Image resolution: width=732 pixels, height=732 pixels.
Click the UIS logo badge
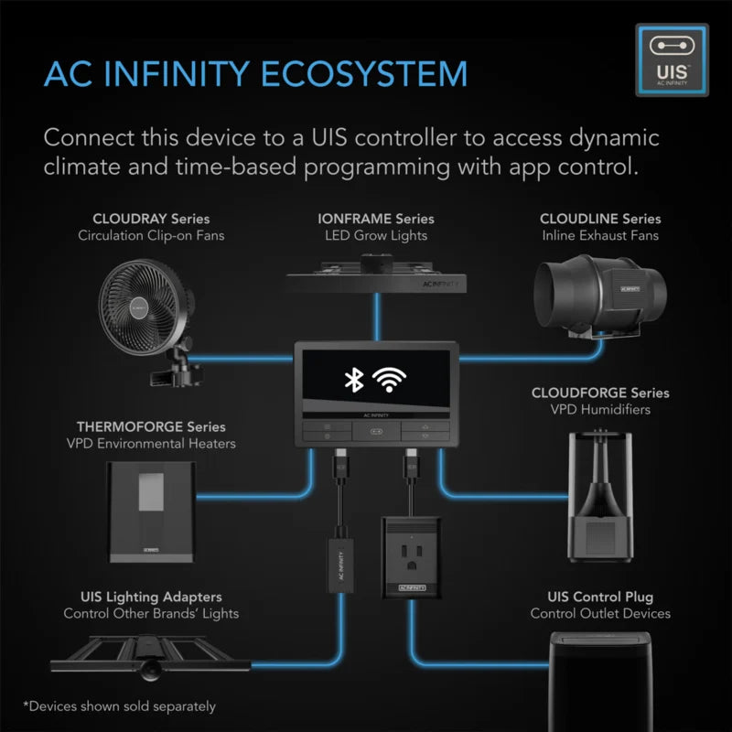click(x=672, y=62)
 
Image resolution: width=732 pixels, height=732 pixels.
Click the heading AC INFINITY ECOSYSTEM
click(x=255, y=73)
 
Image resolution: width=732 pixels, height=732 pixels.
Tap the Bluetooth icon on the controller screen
click(x=351, y=380)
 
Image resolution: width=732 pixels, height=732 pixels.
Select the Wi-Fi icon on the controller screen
click(x=393, y=380)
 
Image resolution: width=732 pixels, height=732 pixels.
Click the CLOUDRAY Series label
click(x=151, y=219)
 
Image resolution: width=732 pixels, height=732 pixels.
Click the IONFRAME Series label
click(x=375, y=219)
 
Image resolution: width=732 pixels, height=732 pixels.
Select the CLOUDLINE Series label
click(x=599, y=219)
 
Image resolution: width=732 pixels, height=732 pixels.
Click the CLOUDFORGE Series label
click(x=599, y=393)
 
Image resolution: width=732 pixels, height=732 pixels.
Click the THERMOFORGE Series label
click(x=151, y=426)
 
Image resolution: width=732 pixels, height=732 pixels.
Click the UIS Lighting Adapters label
click(x=151, y=597)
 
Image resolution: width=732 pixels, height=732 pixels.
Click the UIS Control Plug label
click(x=599, y=597)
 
